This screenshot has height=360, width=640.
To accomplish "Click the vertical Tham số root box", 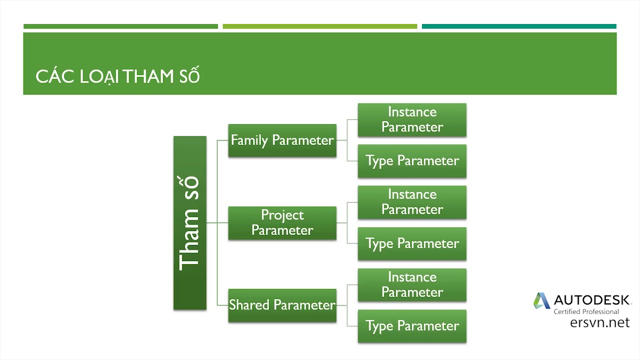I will tap(189, 223).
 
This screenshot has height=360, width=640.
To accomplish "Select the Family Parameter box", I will tap(282, 140).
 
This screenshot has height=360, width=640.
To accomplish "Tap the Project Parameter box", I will tap(282, 223).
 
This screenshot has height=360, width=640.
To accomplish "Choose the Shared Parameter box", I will tap(282, 305).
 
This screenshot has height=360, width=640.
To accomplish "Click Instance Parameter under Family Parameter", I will tap(412, 119).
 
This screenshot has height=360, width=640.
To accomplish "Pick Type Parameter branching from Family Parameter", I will tap(412, 161).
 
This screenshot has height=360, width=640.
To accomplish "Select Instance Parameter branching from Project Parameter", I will tap(412, 202).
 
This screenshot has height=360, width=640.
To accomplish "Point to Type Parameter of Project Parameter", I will tap(412, 243).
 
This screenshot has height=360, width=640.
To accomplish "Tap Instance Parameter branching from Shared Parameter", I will tap(412, 284).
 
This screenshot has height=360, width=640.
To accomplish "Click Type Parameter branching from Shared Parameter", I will tap(412, 326).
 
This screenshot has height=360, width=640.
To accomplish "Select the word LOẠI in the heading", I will tap(99, 76).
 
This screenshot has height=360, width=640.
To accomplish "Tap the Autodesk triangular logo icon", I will tap(541, 300).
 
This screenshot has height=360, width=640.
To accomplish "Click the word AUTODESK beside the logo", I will tap(592, 300).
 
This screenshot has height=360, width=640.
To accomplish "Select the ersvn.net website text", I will tap(599, 322).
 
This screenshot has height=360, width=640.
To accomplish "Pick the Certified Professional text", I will tap(586, 311).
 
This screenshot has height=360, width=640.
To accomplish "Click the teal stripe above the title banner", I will tap(519, 26).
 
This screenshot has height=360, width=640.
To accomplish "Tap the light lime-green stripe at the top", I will tap(319, 26).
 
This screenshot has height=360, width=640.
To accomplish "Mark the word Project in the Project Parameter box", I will tap(282, 215).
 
